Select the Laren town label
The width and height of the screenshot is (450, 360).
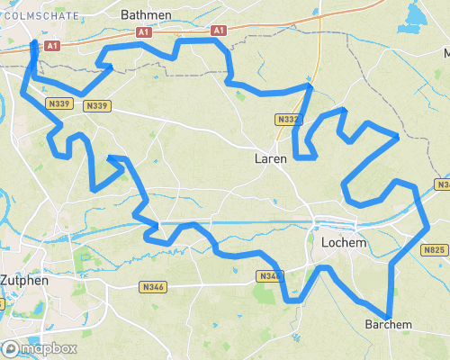[x=271, y=158]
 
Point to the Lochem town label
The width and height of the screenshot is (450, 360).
[x=340, y=243]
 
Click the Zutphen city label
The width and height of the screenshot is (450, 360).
[x=22, y=279]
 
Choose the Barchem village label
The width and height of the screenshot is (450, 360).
[x=389, y=325]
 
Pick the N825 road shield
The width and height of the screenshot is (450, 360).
[x=434, y=250]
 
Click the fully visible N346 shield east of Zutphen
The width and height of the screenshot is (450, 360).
[x=153, y=287]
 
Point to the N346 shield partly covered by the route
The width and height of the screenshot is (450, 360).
[x=268, y=276]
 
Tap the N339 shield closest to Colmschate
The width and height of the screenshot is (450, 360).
[x=60, y=104]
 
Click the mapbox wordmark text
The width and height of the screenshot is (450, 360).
[x=49, y=348]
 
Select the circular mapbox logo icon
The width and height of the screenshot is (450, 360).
[x=10, y=348]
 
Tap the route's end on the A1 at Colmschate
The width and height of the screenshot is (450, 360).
[x=33, y=43]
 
